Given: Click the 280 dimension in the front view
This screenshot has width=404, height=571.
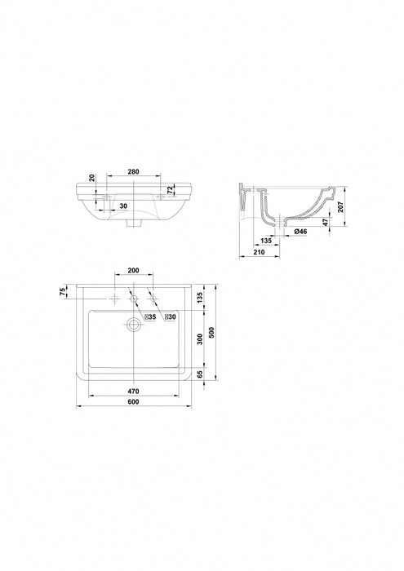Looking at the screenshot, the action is click(134, 171).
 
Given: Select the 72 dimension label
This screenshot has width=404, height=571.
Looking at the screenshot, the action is click(170, 190).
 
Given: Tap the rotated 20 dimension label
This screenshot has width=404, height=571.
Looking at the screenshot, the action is click(92, 178).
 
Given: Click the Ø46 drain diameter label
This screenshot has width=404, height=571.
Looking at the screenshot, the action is click(300, 231).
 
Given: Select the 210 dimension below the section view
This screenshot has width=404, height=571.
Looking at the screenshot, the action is click(259, 252).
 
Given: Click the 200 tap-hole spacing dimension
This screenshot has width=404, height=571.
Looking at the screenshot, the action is click(133, 270).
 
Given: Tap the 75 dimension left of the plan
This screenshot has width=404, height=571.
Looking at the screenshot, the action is click(63, 291).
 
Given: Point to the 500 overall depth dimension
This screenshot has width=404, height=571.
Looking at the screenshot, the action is click(212, 332).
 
